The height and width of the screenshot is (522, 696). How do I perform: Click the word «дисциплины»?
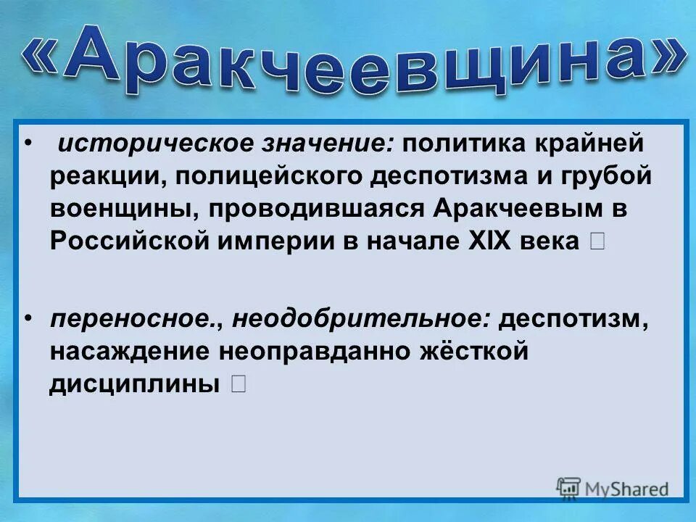pyautogui.click(x=135, y=384)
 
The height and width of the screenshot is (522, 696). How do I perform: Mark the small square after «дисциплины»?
pyautogui.click(x=239, y=384)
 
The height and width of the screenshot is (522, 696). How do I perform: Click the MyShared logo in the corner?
pyautogui.click(x=613, y=489)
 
